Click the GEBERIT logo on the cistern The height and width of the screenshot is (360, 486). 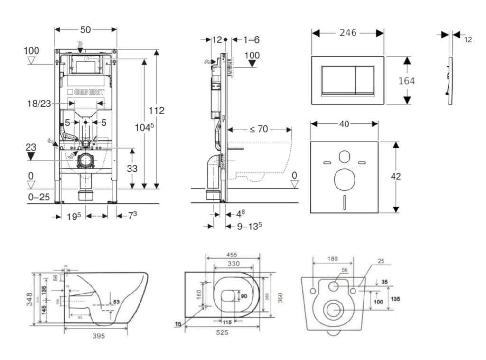86,91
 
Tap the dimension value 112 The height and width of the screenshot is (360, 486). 156,111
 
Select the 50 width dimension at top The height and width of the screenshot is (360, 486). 85,29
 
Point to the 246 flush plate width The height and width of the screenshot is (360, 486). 348,33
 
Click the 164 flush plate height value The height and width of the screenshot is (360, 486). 406,81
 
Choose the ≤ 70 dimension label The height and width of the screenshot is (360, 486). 259,129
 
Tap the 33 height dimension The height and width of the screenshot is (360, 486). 131,168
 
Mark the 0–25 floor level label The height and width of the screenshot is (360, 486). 38,197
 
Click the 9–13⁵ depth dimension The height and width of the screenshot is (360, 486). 250,227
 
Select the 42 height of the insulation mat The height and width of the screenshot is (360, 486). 396,177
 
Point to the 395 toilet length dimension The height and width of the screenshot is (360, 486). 98,336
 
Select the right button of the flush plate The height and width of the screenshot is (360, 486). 364,79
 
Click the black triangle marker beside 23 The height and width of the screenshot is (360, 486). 31,156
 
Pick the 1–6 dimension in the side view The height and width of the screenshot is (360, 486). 252,40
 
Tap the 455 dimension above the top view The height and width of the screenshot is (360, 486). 232,255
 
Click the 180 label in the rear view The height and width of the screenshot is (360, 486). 332,259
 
